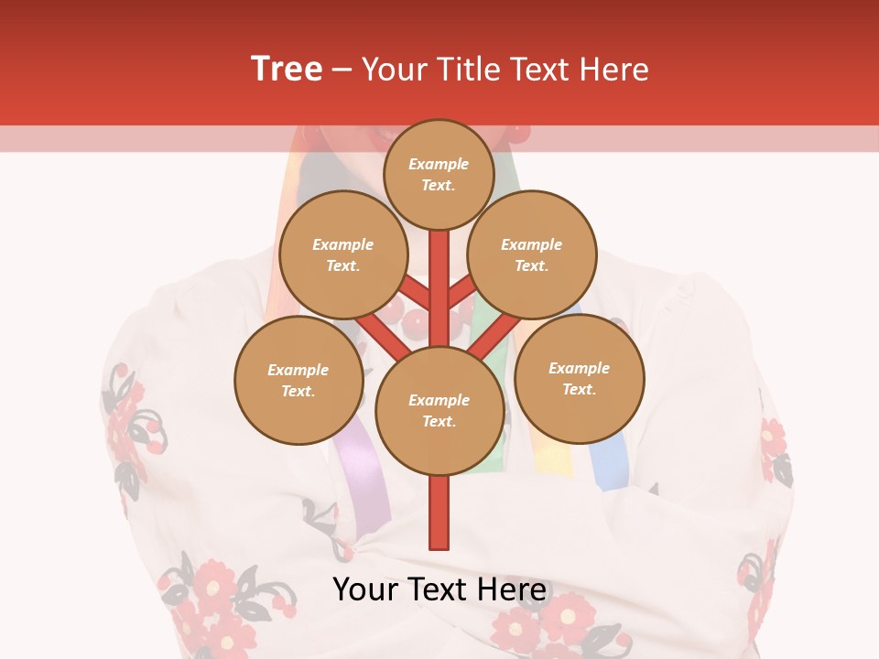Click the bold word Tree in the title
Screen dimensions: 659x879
coord(287,70)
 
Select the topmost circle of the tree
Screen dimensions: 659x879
coord(439,174)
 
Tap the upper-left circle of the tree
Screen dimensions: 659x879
coord(342,254)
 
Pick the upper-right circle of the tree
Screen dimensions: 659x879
coord(532,254)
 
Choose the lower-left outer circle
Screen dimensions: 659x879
coord(298,380)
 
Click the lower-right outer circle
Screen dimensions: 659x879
coord(579,378)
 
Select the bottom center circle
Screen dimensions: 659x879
coord(439,411)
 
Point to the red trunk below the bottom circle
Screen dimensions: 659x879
coord(439,513)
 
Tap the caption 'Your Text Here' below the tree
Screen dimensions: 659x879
coord(439,589)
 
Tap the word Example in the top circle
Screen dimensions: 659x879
coord(439,165)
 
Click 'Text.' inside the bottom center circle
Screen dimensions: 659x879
coord(439,422)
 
